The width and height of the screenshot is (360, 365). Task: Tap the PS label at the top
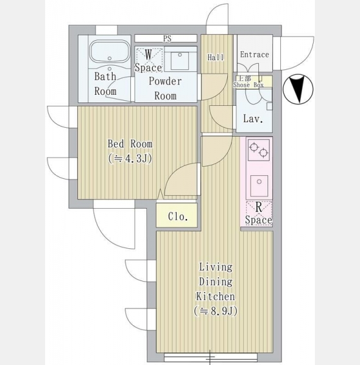[x=167, y=38]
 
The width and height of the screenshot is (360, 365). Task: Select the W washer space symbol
[x=149, y=60]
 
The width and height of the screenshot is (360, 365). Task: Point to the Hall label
[x=216, y=57]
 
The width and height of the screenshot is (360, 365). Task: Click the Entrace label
[x=255, y=55]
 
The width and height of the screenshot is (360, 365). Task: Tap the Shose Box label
[x=249, y=85]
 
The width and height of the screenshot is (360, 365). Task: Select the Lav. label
[x=253, y=119]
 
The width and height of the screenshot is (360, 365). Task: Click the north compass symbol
[x=298, y=89]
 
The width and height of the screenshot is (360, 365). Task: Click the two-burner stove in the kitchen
[x=259, y=150]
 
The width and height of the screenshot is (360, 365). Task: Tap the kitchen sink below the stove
[x=259, y=186]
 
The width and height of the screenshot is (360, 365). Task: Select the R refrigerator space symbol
[x=259, y=214]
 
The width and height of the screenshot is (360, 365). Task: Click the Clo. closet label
[x=178, y=217]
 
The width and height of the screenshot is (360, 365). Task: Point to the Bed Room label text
[x=130, y=144]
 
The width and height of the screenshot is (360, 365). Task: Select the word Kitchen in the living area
[x=216, y=297]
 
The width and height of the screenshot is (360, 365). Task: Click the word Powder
[x=165, y=81]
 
